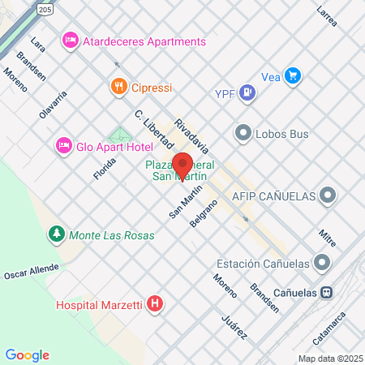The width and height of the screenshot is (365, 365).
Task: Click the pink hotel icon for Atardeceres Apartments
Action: (x=71, y=41)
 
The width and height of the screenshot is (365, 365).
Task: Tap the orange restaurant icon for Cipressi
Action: (x=118, y=85)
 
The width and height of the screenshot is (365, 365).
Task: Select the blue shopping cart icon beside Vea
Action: (x=293, y=77)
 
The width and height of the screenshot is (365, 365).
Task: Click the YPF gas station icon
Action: (x=248, y=94)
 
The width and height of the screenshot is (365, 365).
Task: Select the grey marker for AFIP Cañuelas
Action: (x=328, y=195)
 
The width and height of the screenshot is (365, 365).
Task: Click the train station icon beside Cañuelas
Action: (x=326, y=292)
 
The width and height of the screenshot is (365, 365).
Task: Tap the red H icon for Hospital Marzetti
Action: (x=155, y=305)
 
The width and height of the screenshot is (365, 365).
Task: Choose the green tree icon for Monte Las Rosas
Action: (x=56, y=235)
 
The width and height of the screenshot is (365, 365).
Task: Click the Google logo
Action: (x=27, y=354)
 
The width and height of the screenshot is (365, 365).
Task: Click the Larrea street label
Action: (x=327, y=17)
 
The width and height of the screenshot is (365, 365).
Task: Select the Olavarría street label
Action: (x=54, y=104)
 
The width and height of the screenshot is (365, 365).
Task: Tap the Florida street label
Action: (x=99, y=163)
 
